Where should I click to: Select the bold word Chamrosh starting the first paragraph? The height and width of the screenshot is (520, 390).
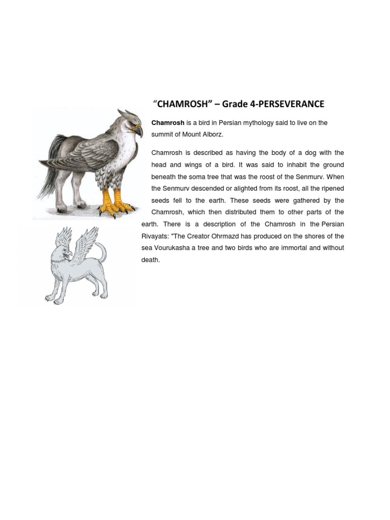(x=168, y=123)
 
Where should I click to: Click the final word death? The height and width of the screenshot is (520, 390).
(x=150, y=260)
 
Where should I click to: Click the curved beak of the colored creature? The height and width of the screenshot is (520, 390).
(x=138, y=131)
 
